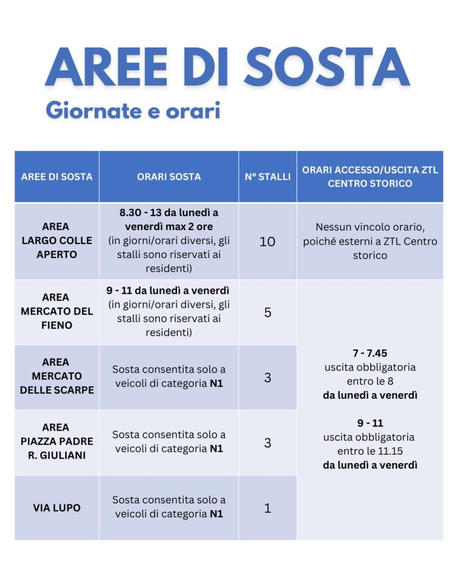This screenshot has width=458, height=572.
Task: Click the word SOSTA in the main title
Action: click(x=327, y=68)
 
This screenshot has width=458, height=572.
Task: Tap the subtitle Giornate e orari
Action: click(x=133, y=110)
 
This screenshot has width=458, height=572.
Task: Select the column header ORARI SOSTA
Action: click(x=169, y=177)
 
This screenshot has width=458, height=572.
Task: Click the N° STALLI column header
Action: click(x=268, y=177)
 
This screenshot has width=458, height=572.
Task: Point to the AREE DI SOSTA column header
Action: click(x=56, y=177)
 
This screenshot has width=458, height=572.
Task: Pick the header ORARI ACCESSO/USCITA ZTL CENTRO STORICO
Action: click(x=370, y=177)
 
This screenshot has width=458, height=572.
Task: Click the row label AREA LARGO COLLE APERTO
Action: click(x=56, y=241)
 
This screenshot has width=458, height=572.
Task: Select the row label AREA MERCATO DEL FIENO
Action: click(x=56, y=311)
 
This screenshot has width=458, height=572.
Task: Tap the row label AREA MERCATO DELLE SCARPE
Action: click(x=56, y=376)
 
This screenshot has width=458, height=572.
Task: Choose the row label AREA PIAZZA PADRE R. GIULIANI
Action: click(x=56, y=441)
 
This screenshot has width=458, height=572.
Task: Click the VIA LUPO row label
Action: click(x=56, y=508)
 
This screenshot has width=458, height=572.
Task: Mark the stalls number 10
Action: click(x=267, y=242)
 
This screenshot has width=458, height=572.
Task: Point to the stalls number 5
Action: click(x=267, y=312)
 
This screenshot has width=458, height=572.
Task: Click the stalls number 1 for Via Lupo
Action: click(x=267, y=508)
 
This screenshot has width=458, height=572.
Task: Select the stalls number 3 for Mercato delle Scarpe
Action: click(x=267, y=378)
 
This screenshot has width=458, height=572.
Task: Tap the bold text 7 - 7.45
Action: click(x=370, y=354)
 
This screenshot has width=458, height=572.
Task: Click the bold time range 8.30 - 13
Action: click(x=146, y=213)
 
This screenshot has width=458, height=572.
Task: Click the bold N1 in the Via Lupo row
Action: click(x=216, y=514)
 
